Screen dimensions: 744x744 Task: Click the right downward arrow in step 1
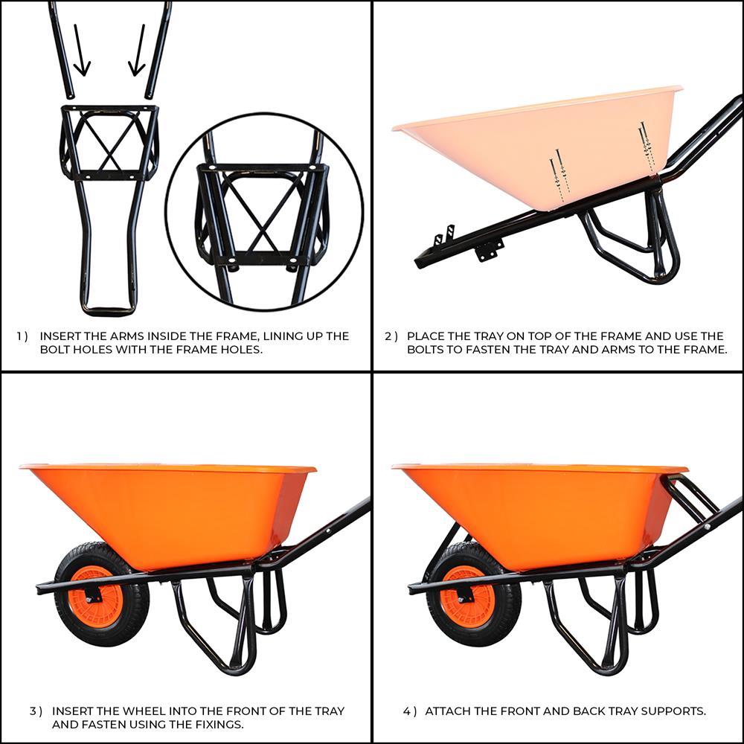138,52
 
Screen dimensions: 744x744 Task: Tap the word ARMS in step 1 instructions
121,336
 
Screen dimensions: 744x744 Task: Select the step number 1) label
22,336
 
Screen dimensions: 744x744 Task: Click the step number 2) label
390,336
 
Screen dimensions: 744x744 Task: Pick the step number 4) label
410,711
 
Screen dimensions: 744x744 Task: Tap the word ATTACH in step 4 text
449,711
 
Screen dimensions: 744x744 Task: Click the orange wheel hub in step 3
94,596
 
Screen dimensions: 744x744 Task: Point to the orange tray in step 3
171,513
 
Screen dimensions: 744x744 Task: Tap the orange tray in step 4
543,513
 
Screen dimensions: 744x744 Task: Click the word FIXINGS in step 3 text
217,724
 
